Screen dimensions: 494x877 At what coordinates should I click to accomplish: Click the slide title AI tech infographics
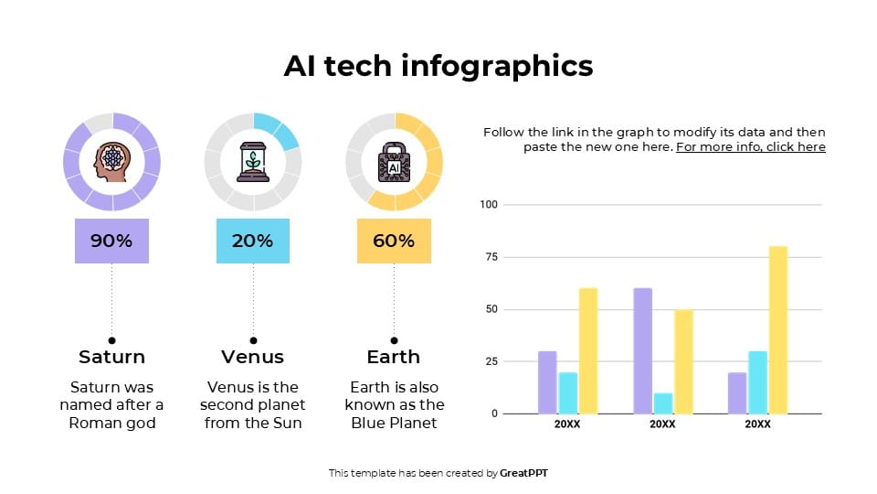click(438, 66)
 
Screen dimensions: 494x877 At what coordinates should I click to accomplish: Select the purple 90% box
click(111, 242)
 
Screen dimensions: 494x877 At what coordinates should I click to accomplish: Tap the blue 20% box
click(253, 242)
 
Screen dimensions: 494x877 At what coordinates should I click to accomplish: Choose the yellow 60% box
click(394, 242)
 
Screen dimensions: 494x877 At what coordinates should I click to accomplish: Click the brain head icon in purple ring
click(111, 162)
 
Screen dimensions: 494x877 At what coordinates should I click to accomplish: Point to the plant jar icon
click(253, 162)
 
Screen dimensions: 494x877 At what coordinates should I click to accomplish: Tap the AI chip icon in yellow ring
click(394, 162)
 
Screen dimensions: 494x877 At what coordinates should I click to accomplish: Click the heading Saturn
click(111, 357)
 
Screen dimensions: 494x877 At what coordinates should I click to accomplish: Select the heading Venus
click(253, 357)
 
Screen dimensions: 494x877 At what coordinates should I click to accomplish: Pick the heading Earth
click(394, 357)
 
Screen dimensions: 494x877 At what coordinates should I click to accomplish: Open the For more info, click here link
click(750, 147)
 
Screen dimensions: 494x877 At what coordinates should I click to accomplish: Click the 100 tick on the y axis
click(489, 205)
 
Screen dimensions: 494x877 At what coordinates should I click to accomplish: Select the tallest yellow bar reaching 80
click(778, 329)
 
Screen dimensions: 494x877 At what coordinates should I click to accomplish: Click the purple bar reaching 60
click(643, 350)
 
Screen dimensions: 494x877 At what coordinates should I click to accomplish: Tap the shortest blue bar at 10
click(663, 403)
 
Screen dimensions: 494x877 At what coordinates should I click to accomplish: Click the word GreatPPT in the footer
click(524, 474)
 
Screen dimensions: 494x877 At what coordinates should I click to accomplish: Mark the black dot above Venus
click(253, 340)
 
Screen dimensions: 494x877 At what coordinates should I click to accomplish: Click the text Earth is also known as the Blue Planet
click(394, 405)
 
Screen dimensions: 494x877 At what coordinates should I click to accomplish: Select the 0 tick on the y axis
click(494, 413)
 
